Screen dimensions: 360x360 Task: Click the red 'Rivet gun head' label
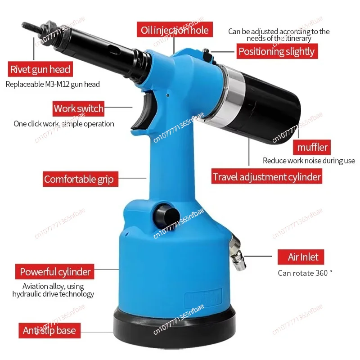(40, 69)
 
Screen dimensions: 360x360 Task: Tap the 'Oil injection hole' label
(175, 29)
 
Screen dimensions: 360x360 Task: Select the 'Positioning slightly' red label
(277, 51)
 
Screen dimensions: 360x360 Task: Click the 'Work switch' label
(78, 108)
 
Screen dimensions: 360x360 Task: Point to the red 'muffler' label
(312, 147)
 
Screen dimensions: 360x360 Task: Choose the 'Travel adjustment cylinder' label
(267, 176)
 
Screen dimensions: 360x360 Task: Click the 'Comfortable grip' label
(81, 179)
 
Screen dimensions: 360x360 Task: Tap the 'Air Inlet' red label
(301, 257)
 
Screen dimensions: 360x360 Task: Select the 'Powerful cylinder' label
(54, 272)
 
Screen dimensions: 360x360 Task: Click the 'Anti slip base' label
(49, 331)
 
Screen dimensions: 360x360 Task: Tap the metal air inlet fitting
(238, 252)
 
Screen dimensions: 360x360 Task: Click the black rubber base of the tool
(175, 328)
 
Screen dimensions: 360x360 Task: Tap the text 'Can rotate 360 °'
(305, 273)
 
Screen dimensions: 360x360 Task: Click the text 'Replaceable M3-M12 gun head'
(53, 84)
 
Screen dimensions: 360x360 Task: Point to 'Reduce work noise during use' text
(309, 161)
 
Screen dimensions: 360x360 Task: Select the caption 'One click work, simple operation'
(64, 124)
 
